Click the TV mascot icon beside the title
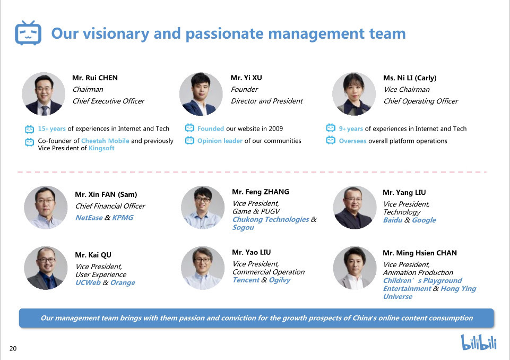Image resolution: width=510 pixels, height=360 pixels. coord(28,32)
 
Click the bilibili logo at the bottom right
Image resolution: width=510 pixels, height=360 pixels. coord(479,342)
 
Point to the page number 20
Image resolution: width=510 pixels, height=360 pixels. coord(13,348)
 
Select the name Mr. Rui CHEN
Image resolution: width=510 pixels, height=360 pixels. coord(95,78)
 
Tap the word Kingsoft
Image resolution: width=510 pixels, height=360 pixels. coord(101,148)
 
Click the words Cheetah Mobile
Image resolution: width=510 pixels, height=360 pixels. coord(105,141)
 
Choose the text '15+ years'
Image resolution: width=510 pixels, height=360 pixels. coord(51,128)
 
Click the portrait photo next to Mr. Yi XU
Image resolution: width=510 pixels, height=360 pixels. coord(201,94)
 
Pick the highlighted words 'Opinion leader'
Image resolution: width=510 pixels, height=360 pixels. coord(220,141)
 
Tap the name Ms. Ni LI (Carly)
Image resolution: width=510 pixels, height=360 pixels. coord(410,78)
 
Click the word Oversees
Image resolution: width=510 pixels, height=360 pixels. coord(352,141)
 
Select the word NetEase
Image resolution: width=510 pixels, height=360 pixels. coord(89,217)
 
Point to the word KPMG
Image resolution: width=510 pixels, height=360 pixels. coord(123,217)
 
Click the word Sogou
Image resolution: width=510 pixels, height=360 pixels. coord(243,228)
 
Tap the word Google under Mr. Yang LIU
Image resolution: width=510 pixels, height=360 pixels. coord(424,220)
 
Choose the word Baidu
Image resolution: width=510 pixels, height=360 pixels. coord(393,220)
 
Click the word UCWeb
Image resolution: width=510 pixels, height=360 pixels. coord(88,282)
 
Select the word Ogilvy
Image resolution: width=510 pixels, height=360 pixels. coord(280,280)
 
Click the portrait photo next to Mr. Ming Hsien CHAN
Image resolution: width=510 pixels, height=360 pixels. coord(355,268)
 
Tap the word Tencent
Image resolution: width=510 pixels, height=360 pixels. coord(246,280)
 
